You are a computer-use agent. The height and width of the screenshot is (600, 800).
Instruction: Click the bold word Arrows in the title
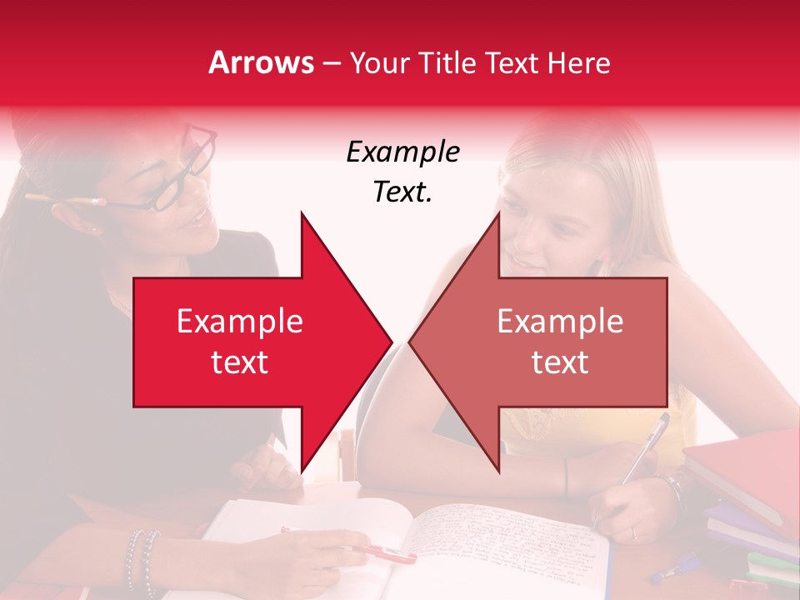coord(262,62)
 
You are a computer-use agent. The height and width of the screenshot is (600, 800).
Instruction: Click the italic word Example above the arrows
coord(402,152)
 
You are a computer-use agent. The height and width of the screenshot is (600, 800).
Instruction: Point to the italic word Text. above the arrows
coord(402,192)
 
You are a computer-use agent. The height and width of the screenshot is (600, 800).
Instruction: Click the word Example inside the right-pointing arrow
coord(240,322)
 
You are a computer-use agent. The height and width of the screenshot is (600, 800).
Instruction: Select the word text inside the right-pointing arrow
coord(240,362)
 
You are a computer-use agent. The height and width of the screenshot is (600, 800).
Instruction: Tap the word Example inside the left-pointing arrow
coord(560,322)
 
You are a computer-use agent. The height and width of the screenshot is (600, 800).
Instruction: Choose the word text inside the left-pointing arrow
coord(560,362)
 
